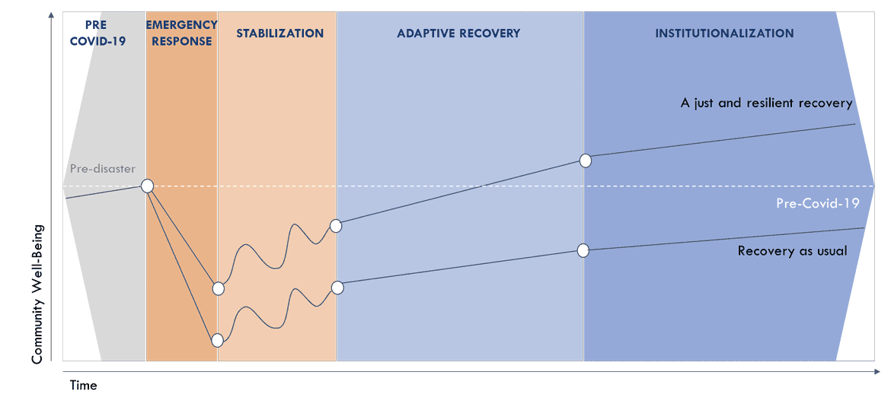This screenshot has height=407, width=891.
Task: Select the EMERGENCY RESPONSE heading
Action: [181, 33]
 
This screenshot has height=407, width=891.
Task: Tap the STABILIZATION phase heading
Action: [279, 33]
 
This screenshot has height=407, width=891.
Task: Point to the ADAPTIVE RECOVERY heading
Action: [458, 33]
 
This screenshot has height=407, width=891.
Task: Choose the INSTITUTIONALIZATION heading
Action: [724, 33]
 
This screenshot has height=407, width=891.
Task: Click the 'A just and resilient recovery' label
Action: [766, 103]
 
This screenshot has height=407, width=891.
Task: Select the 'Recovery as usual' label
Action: [792, 250]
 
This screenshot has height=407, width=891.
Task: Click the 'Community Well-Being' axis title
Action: [37, 294]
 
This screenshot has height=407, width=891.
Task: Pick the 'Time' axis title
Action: [84, 386]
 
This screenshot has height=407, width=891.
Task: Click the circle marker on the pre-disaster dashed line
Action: [147, 186]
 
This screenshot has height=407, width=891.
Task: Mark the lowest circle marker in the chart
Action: [218, 340]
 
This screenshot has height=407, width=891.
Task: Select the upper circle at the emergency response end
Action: [219, 288]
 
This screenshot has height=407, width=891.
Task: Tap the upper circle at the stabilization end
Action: [336, 225]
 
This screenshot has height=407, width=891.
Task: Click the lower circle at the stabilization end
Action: [337, 288]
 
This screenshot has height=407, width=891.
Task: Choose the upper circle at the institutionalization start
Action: [585, 161]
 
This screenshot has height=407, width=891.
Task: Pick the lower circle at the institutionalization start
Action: [583, 250]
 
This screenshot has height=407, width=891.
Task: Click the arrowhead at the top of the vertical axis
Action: [50, 14]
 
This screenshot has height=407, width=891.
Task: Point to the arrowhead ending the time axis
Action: [877, 371]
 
